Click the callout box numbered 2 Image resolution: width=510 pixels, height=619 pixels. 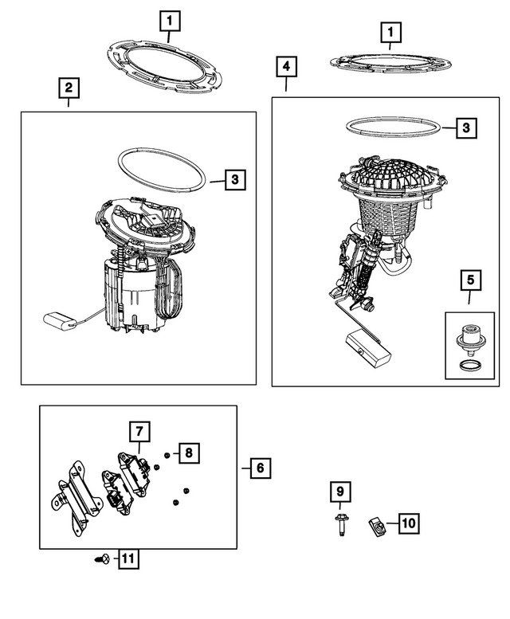69,87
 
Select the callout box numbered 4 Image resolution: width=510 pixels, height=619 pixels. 287,66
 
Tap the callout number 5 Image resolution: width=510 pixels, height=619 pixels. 469,280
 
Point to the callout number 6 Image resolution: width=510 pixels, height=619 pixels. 259,468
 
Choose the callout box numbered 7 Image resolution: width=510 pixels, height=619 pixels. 139,431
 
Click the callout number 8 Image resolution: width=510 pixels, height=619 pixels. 189,453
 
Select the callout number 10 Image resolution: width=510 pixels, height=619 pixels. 407,523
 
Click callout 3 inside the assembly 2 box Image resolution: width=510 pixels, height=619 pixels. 234,180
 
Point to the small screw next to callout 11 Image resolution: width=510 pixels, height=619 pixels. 100,560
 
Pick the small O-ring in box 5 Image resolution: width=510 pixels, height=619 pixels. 469,366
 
